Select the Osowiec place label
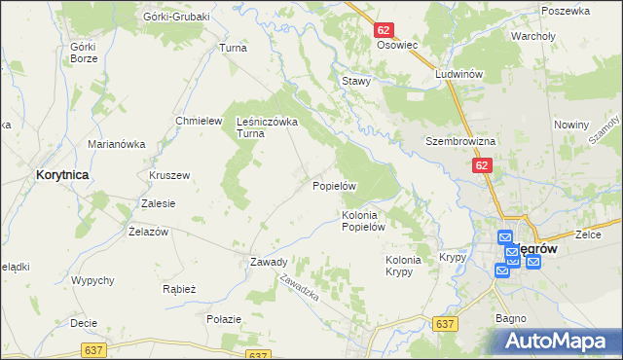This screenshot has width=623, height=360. click(x=396, y=46)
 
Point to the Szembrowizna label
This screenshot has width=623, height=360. click(x=460, y=141)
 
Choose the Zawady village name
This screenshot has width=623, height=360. click(x=269, y=262)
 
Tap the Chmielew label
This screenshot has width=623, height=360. click(x=194, y=121)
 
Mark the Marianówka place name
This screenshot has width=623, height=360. click(x=116, y=144)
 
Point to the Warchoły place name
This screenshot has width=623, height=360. click(x=532, y=38)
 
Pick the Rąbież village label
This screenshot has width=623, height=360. click(x=180, y=289)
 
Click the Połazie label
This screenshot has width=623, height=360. click(x=223, y=319)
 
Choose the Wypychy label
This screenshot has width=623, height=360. click(x=93, y=281)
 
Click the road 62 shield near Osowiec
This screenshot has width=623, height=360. click(x=384, y=31)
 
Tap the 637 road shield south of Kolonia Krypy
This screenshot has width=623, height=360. click(x=446, y=324)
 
